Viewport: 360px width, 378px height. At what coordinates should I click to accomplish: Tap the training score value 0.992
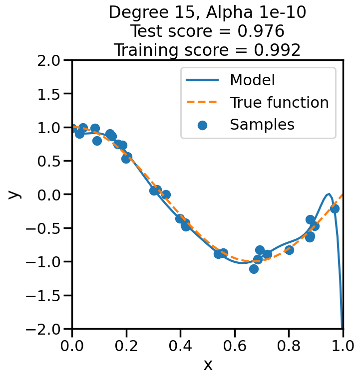point(277,50)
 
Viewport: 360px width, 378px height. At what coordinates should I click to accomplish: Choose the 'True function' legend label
point(279,103)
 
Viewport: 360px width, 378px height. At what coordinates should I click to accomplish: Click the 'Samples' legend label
point(262,125)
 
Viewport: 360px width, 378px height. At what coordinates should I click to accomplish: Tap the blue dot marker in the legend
point(202,125)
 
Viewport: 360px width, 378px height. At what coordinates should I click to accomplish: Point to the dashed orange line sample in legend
point(202,103)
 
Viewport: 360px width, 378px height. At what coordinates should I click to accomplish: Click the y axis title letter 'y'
point(15,194)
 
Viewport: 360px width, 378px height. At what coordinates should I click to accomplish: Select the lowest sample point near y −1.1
point(254,269)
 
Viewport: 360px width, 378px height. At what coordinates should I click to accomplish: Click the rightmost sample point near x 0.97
point(335,208)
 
